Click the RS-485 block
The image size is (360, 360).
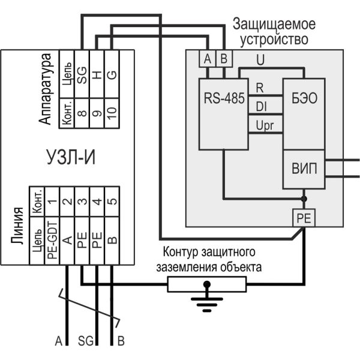coord(222,114)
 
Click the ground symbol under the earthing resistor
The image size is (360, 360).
coord(206,298)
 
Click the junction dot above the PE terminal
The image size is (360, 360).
coord(304,199)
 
